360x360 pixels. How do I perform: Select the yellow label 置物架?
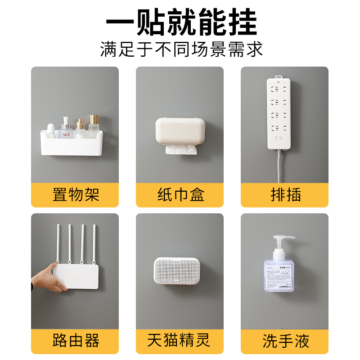click(75, 195)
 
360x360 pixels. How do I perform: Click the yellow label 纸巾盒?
click(180, 195)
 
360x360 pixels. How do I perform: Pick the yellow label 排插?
click(285, 195)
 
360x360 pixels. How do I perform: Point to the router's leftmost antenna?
click(58, 245)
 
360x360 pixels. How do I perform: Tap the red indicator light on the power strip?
click(279, 82)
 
